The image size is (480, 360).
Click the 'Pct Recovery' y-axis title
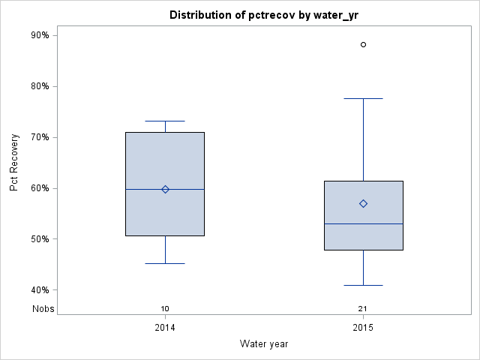(15, 163)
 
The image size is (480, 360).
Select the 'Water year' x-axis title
(264, 344)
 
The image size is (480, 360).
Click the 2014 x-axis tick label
(165, 328)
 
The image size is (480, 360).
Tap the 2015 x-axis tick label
(364, 328)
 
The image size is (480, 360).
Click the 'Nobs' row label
(43, 309)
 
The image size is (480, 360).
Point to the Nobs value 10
(165, 309)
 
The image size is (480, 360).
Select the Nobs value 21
(364, 309)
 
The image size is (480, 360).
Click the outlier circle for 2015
(364, 45)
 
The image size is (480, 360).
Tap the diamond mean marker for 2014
(165, 189)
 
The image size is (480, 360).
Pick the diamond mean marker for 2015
(364, 203)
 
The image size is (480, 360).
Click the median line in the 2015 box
(364, 223)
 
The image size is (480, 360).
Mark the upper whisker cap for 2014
(165, 121)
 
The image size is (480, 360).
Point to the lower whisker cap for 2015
(364, 285)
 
